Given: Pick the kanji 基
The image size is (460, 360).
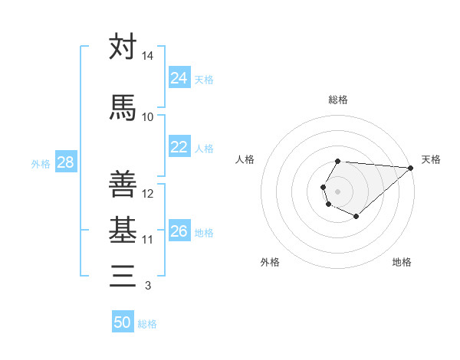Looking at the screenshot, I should (123, 229).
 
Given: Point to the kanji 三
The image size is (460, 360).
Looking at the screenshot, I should (123, 275).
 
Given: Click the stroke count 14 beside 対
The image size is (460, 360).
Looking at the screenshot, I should (148, 57).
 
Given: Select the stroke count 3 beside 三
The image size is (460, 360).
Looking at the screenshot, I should (147, 286).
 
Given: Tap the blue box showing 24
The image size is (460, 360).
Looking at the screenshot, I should (179, 78).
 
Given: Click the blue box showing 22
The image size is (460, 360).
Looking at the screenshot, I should (179, 147).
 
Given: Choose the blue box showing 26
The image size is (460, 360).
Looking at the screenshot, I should (179, 231).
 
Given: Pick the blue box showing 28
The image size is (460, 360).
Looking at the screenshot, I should (65, 162).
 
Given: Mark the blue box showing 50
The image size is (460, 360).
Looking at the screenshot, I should (123, 322).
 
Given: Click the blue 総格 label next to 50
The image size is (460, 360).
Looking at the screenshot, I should (147, 324).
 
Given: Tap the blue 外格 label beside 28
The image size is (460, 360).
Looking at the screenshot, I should (41, 163).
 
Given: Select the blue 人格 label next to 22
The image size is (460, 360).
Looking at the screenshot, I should (204, 148).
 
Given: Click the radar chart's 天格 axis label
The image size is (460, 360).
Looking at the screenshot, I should (431, 159).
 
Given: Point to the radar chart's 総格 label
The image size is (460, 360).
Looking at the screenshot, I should (338, 100).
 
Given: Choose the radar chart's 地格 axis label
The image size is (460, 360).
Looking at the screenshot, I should (402, 262).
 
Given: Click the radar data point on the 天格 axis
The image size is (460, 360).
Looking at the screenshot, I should (410, 167).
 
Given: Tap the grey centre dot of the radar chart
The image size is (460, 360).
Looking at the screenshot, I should (337, 190).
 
